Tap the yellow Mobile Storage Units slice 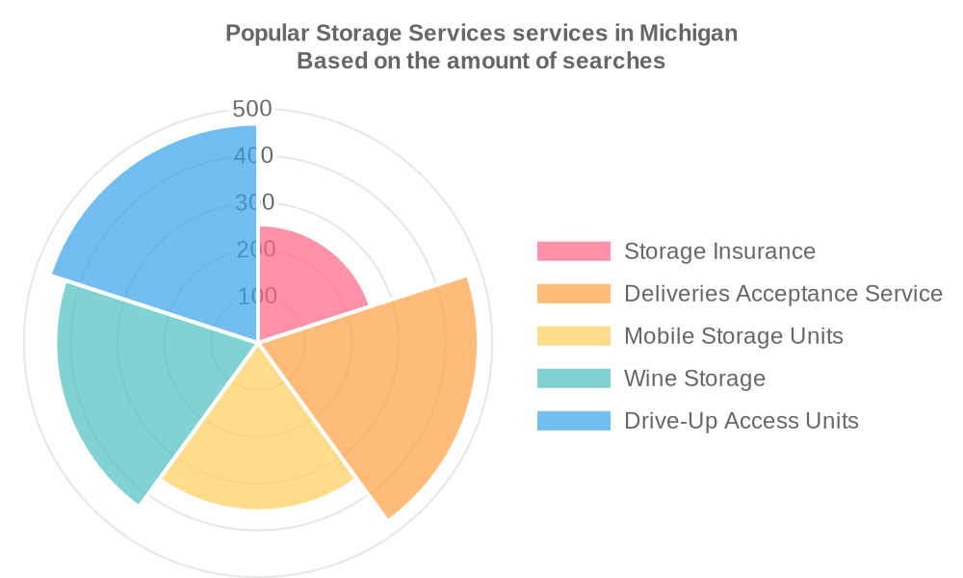point(258,443)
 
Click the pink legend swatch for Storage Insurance point(574,251)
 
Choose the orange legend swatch point(574,294)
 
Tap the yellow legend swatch point(574,336)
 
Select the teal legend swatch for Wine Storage point(574,379)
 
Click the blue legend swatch point(574,421)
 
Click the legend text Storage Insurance point(719,251)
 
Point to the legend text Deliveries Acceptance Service point(783,294)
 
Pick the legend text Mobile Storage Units point(733,336)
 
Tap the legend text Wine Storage point(694,379)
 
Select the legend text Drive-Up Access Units point(741,421)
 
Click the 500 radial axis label point(252,109)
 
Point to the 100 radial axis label point(257,296)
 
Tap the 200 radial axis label point(257,250)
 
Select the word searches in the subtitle point(619,62)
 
